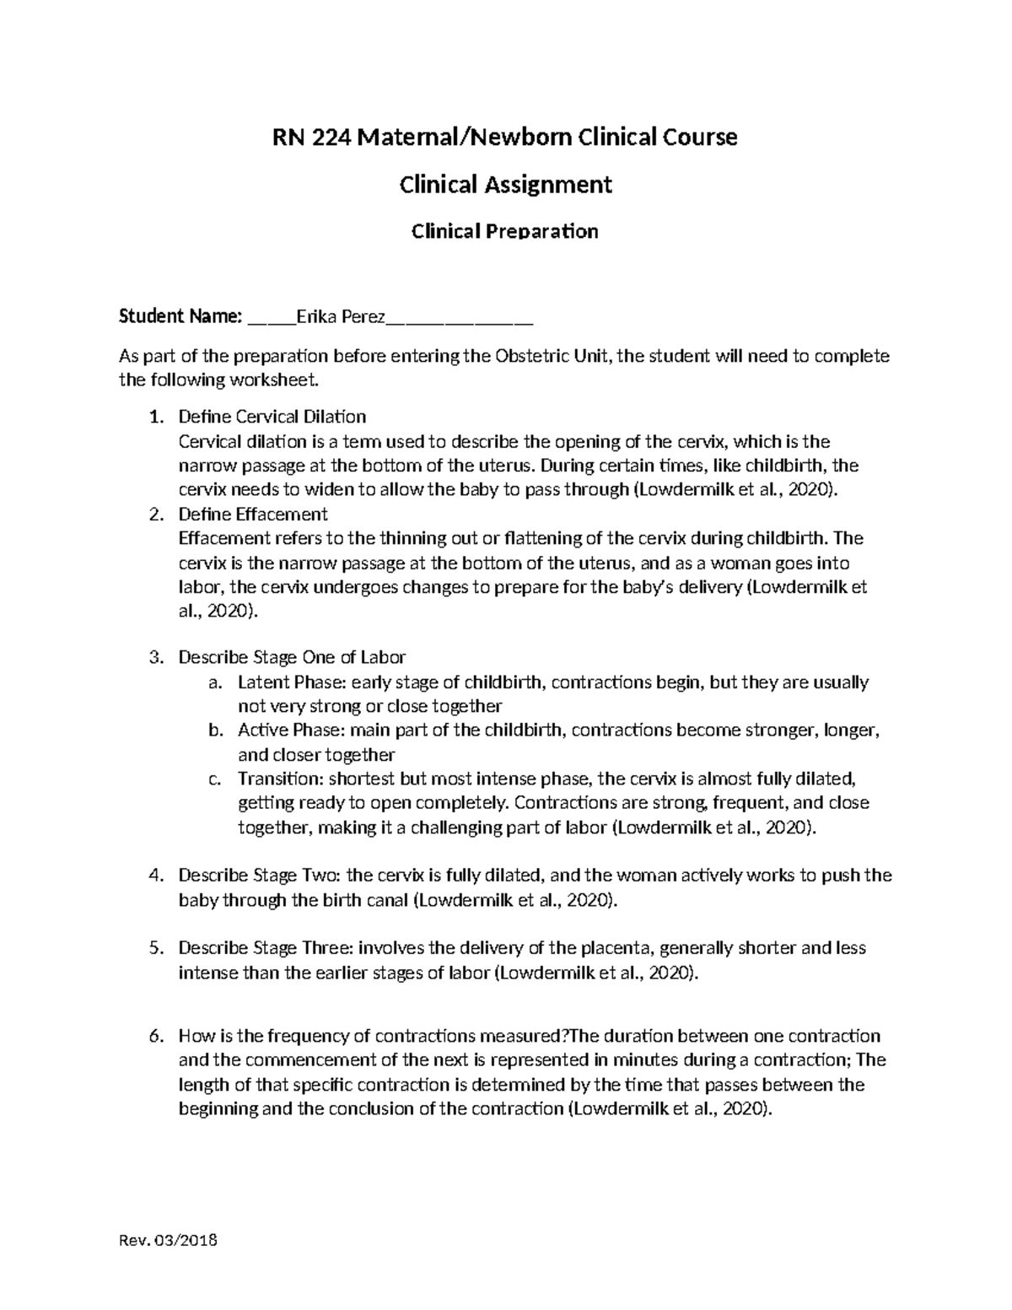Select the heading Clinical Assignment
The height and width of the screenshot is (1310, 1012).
point(505,184)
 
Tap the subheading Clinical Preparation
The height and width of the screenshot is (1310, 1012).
point(504,231)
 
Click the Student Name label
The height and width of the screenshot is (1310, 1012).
point(180,316)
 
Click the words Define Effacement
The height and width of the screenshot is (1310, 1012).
point(253,514)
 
